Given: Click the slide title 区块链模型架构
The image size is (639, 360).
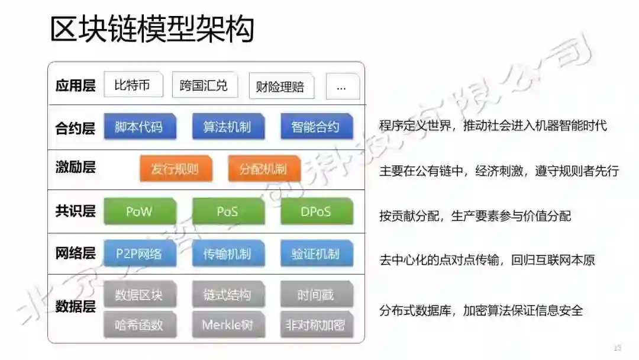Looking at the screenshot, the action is coord(152,30).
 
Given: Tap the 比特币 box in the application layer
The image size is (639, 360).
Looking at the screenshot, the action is coord(133,85).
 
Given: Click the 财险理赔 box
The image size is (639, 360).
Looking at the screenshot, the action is coord(281,87).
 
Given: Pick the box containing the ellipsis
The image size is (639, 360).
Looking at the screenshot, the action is coord(342,87).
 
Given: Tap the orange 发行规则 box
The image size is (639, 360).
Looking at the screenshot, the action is coord(175,169).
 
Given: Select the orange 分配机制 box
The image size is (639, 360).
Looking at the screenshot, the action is coord(264,169).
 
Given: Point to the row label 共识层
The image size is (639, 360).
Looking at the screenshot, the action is coord(75,211).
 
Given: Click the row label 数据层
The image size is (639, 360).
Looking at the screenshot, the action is coord(75,307).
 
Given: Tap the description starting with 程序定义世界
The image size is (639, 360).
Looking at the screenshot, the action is coord(493,126).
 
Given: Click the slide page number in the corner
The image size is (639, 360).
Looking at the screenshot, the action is coord(618,348).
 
